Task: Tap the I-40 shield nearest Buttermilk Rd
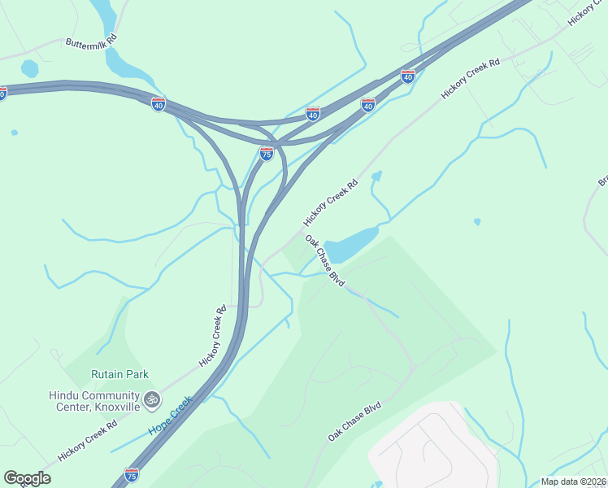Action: point(159,103)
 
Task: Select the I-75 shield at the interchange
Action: point(266,153)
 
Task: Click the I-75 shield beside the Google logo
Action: point(132,473)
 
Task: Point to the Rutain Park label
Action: point(119,374)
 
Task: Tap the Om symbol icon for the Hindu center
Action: point(150,399)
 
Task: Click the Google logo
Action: point(27,478)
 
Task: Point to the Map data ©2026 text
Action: point(573,481)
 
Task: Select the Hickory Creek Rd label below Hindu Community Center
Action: point(89,440)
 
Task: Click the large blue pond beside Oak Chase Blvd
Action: point(351,242)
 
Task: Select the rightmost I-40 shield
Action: point(408,76)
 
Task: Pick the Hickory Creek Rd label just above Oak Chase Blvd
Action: point(330,203)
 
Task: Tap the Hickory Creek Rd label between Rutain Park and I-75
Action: point(211,336)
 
